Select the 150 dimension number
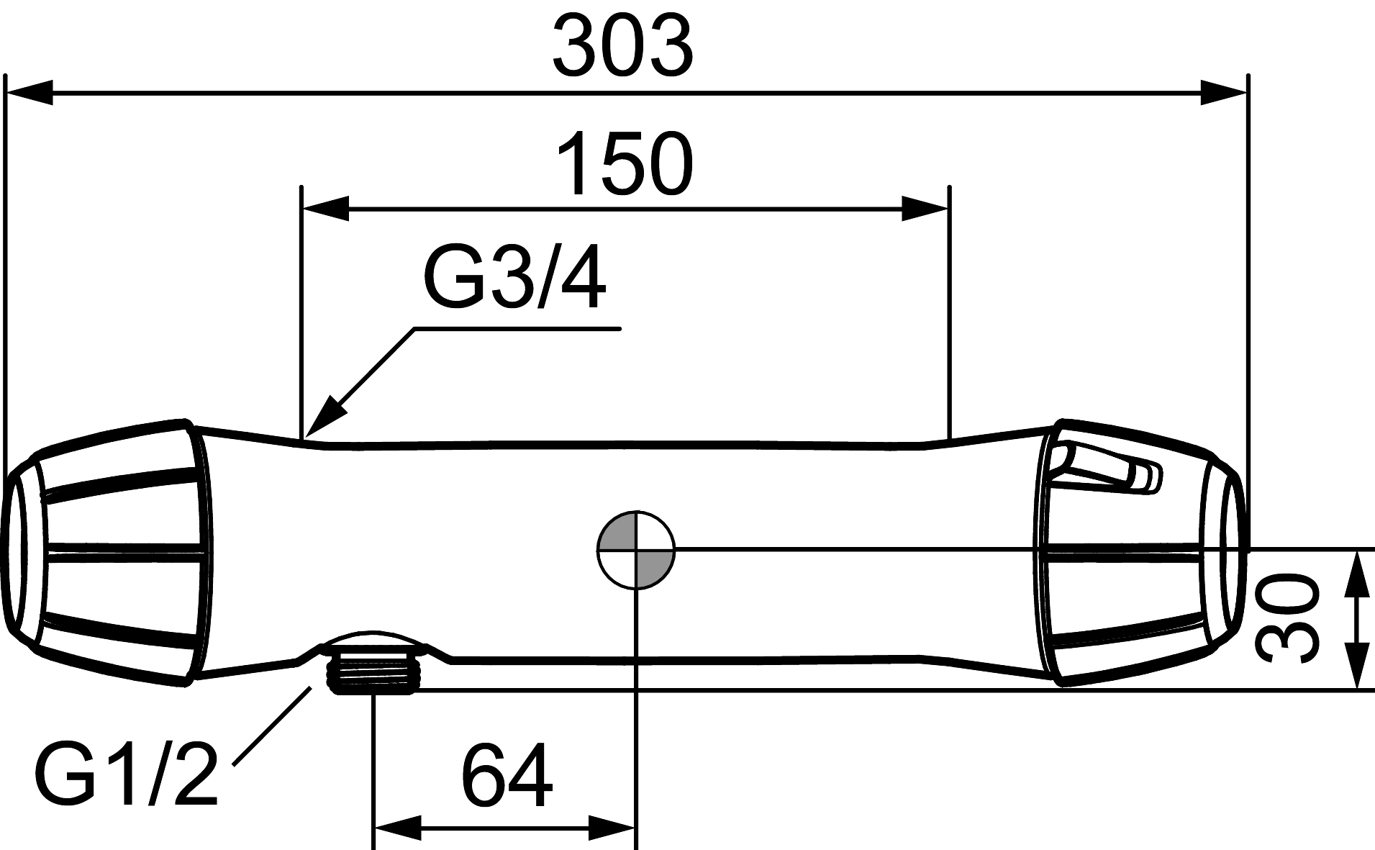tap(625, 163)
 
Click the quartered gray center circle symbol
tap(636, 550)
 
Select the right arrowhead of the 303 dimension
tap(1223, 93)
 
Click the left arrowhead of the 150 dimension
tap(325, 209)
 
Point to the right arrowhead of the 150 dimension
tap(926, 209)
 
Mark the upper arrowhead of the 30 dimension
tap(1356, 574)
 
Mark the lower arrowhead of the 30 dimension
tap(1356, 666)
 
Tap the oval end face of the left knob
tap(17, 551)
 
